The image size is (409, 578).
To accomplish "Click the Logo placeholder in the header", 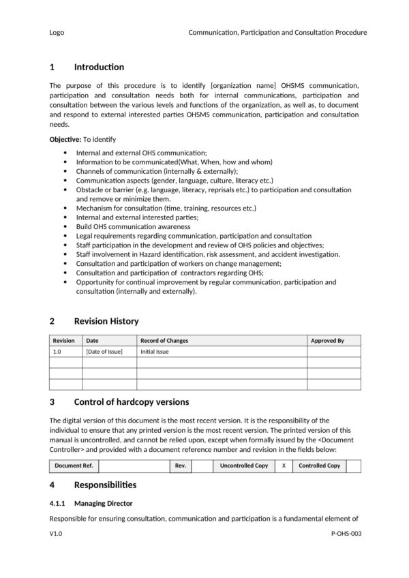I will pos(57,32).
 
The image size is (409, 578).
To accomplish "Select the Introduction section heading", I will pos(99,67).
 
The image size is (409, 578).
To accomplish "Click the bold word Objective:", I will pos(65,139).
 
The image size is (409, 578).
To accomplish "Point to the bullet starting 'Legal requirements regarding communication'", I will pos(194,235).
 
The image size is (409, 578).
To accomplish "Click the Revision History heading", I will pos(106,321).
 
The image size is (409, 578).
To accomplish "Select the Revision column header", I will pos(64,340).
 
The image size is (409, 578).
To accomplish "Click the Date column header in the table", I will pos(92,340).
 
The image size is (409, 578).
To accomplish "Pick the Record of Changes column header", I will pos(164,340).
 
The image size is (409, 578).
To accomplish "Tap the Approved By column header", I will pos(327,340).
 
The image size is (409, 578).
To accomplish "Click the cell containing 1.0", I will pos(57,352).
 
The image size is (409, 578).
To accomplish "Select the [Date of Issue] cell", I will pos(104,352).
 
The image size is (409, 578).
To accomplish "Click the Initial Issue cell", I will pos(155,352).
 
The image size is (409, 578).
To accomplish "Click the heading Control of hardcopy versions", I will pos(131,401).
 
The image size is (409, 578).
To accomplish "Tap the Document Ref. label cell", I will pos(74,466).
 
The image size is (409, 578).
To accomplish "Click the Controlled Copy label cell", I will pos(319,466).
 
